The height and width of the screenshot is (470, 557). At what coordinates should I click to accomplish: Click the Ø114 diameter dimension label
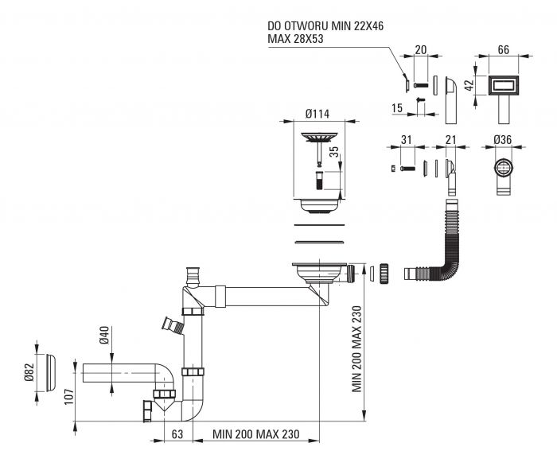(317, 114)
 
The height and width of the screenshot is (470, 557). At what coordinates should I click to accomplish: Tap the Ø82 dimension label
(29, 372)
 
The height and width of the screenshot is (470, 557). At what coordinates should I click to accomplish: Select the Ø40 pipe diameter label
(104, 336)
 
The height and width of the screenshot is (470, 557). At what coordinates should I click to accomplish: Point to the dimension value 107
(69, 397)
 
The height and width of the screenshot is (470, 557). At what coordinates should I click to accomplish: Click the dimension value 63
(177, 434)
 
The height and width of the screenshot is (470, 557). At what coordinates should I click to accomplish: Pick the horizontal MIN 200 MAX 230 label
(255, 434)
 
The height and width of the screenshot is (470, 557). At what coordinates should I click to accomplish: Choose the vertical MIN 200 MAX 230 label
(356, 348)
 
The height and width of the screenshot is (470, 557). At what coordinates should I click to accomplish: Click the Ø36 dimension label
(503, 140)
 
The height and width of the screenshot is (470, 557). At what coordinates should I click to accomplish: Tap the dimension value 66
(504, 49)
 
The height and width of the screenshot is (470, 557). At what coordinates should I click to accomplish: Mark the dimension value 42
(469, 85)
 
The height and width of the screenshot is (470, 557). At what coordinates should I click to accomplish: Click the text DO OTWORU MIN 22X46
(325, 26)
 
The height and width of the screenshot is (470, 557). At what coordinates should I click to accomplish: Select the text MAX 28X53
(295, 39)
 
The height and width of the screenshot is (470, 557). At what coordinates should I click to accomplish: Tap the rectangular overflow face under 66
(504, 85)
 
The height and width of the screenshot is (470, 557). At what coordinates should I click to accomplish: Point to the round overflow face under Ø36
(504, 168)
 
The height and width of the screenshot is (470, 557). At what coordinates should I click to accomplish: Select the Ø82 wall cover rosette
(51, 372)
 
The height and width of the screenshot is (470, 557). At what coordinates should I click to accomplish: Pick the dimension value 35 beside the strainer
(334, 152)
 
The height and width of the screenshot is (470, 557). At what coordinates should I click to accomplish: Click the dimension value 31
(407, 140)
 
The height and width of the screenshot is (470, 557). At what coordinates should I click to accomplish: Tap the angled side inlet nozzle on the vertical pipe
(173, 325)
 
